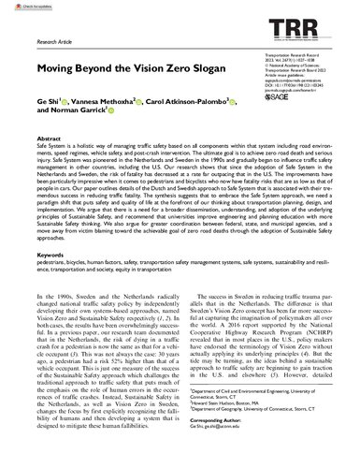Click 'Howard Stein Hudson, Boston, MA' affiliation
point(241,431)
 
